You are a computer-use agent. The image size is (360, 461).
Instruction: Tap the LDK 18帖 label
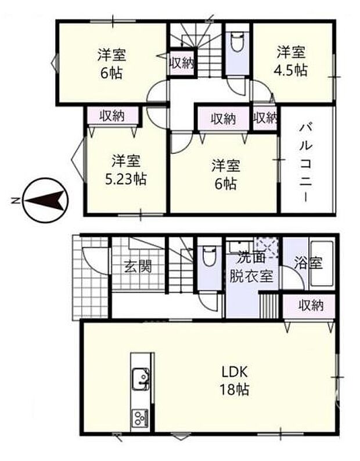tap(235, 381)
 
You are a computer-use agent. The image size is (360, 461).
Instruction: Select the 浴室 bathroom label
tap(308, 263)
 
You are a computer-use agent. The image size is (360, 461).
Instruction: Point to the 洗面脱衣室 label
tap(251, 267)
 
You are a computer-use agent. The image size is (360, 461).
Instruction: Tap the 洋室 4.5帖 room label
tap(291, 62)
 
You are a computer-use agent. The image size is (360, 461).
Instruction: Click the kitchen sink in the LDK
tap(141, 378)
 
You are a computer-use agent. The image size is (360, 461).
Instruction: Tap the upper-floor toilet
tap(237, 43)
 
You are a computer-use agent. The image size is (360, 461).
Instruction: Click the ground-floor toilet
tap(210, 257)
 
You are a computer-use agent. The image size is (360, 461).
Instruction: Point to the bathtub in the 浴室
tap(322, 264)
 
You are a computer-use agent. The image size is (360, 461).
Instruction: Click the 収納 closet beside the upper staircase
tap(182, 63)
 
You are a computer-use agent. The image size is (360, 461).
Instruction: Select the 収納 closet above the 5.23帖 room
tap(112, 116)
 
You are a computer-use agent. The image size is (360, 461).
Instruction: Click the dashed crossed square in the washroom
tap(267, 247)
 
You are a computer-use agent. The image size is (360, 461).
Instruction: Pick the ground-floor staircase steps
tap(181, 271)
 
